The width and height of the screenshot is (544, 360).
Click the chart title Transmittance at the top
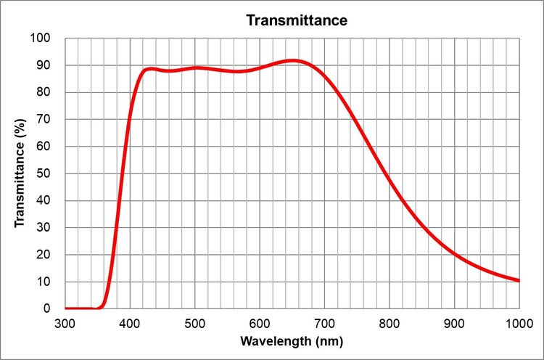[297, 20]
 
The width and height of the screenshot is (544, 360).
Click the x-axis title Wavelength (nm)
[292, 340]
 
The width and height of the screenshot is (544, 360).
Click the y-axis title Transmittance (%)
[20, 173]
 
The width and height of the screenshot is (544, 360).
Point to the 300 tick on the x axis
[65, 322]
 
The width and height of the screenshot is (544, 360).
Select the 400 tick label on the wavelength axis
[130, 322]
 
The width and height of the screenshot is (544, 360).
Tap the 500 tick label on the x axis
[194, 322]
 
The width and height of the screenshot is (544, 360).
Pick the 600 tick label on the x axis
[260, 322]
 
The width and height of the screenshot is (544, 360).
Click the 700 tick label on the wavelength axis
[324, 322]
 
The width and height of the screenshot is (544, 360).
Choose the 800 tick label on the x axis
[390, 322]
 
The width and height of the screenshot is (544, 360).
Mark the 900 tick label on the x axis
[454, 322]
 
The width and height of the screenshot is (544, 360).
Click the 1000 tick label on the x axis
[518, 322]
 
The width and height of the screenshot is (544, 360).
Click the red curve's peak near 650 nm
[292, 61]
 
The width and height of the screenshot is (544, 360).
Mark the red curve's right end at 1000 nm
[519, 280]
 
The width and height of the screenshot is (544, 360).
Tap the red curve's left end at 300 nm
[66, 308]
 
